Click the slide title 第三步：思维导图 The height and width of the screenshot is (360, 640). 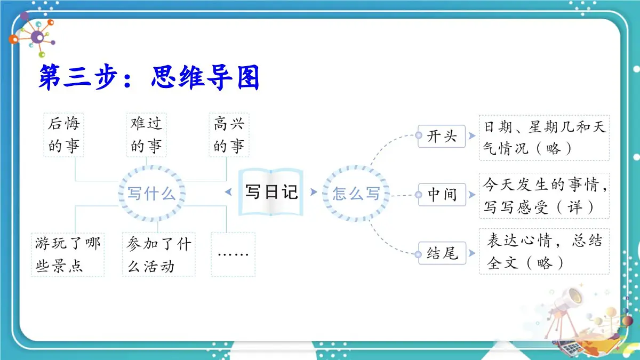tap(149, 78)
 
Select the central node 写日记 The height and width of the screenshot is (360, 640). tap(271, 192)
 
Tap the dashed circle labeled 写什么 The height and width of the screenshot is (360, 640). tap(151, 193)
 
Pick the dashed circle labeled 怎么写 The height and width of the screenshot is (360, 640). tap(356, 193)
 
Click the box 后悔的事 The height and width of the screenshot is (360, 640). tap(63, 134)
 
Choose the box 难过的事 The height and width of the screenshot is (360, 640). tap(146, 134)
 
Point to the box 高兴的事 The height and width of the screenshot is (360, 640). tap(229, 134)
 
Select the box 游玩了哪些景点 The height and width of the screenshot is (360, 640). tap(68, 255)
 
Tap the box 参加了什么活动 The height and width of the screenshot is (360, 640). tap(158, 255)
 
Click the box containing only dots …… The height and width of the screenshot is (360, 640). tap(233, 254)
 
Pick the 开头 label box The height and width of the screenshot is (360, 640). tap(442, 136)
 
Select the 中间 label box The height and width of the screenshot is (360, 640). tap(442, 195)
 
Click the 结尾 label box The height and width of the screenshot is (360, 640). tap(442, 253)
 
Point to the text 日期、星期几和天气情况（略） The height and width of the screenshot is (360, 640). tap(544, 138)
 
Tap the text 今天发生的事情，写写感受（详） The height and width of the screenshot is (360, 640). tap(544, 196)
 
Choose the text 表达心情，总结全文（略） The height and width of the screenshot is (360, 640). tap(544, 252)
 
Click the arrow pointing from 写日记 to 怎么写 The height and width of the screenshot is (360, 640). tap(313, 192)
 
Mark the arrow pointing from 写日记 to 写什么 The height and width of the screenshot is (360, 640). tap(229, 192)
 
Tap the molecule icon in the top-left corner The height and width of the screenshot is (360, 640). tap(36, 36)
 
